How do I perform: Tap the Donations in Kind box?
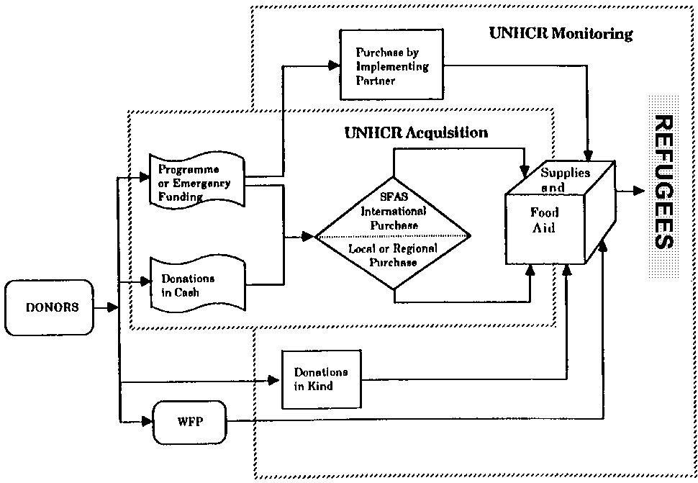(320, 379)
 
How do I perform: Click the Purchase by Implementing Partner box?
(392, 66)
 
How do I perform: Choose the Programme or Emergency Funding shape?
(196, 182)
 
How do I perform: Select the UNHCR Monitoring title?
(560, 34)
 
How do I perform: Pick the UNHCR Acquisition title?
(416, 132)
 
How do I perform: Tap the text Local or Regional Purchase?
(394, 255)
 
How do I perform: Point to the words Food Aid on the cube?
(545, 220)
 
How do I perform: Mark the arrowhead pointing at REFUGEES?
(639, 191)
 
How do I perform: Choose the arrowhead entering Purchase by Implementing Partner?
(334, 65)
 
